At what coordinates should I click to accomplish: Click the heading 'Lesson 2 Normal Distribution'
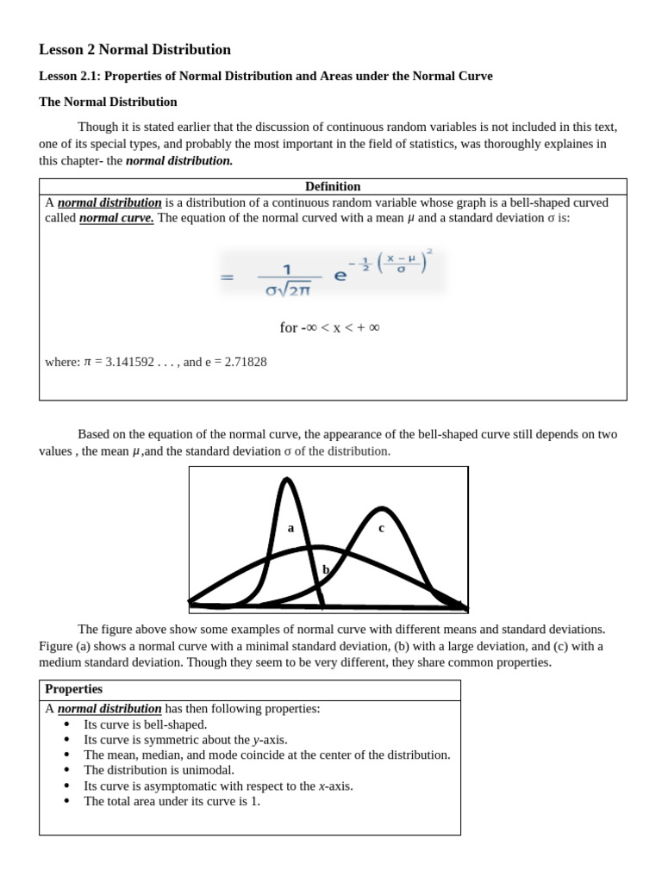pyautogui.click(x=135, y=50)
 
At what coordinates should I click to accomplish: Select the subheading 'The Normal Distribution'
pyautogui.click(x=108, y=102)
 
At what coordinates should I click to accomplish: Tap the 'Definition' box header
pyautogui.click(x=333, y=186)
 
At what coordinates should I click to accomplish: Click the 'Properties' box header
pyautogui.click(x=73, y=689)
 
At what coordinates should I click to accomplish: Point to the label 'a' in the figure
pyautogui.click(x=290, y=528)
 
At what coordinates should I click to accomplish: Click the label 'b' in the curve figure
pyautogui.click(x=326, y=569)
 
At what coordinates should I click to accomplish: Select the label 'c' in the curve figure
pyautogui.click(x=381, y=528)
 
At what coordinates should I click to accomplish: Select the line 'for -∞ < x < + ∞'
pyautogui.click(x=330, y=327)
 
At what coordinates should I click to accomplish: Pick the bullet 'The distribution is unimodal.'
pyautogui.click(x=159, y=770)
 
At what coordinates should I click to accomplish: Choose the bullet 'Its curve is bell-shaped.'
pyautogui.click(x=145, y=724)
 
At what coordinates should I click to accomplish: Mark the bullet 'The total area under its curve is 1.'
pyautogui.click(x=172, y=801)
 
